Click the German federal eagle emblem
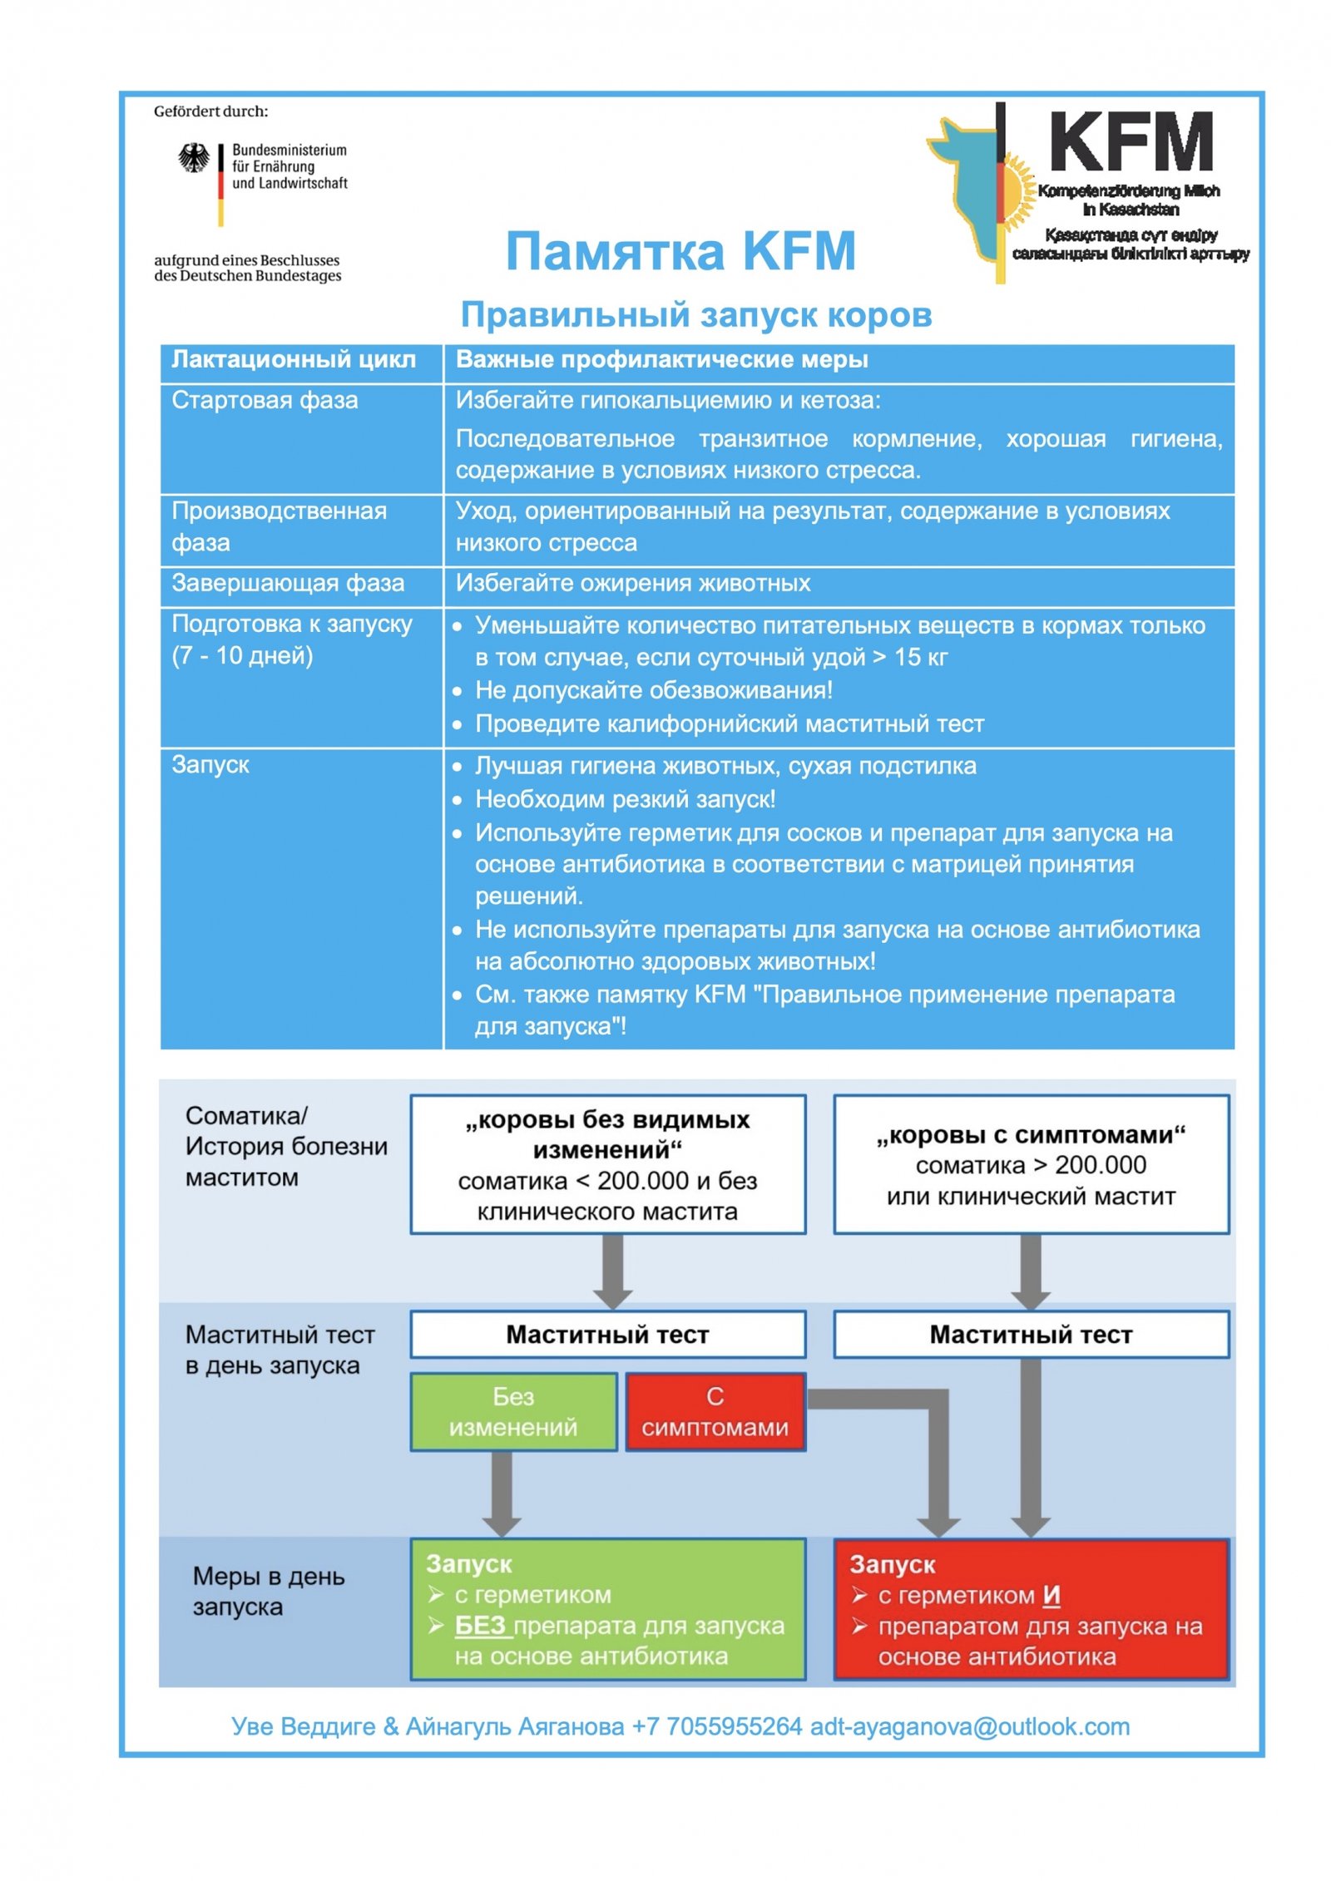194,157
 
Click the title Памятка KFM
680,250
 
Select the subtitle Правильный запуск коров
695,314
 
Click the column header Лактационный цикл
293,359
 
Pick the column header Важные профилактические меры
661,359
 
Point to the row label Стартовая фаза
265,400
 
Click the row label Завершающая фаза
288,583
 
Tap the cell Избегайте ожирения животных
632,583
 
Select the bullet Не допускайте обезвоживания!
653,690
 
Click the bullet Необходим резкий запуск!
625,799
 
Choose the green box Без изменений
513,1411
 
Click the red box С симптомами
715,1411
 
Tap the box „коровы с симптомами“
1030,1164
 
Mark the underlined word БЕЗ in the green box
481,1625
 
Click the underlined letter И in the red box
1051,1594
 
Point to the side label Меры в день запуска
268,1591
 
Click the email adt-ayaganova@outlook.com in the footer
969,1726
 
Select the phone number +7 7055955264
716,1726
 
